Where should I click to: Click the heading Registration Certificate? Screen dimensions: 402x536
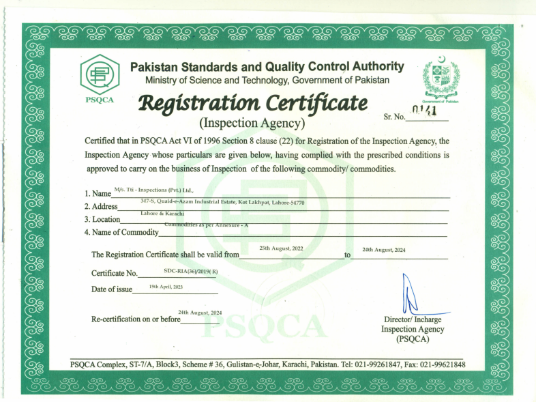(252, 104)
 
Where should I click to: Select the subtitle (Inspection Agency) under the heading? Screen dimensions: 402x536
(252, 124)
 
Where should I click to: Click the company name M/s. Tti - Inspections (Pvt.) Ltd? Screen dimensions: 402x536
(153, 190)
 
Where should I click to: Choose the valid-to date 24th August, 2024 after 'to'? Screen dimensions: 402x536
(384, 250)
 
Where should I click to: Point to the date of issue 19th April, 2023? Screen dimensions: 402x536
(167, 286)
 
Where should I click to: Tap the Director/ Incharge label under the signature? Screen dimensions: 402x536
(407, 320)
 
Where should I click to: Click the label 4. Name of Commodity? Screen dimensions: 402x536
(121, 232)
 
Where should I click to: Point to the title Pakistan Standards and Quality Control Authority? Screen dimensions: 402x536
(267, 67)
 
